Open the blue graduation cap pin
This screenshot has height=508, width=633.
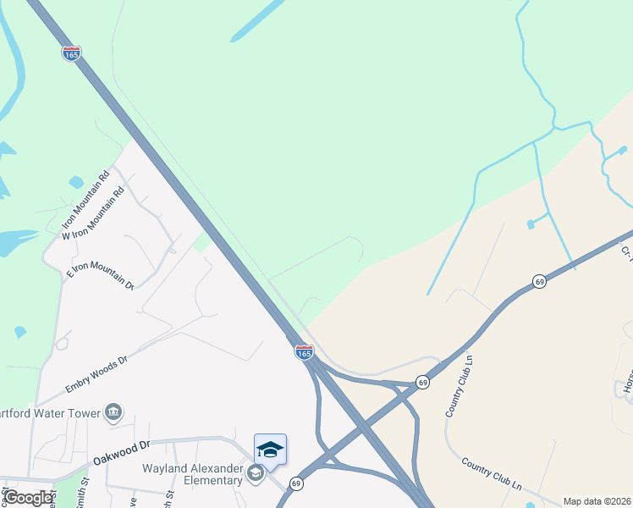pyautogui.click(x=270, y=449)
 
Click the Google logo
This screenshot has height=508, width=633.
pyautogui.click(x=29, y=498)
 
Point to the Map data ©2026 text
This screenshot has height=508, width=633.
pyautogui.click(x=597, y=501)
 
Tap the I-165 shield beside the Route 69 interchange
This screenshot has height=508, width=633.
pyautogui.click(x=305, y=351)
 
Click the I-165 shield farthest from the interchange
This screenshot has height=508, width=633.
pyautogui.click(x=72, y=53)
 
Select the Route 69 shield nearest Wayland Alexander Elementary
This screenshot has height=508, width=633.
pyautogui.click(x=295, y=483)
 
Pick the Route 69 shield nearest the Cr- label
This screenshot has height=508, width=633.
pyautogui.click(x=539, y=281)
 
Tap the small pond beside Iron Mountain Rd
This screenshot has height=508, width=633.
pyautogui.click(x=76, y=182)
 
